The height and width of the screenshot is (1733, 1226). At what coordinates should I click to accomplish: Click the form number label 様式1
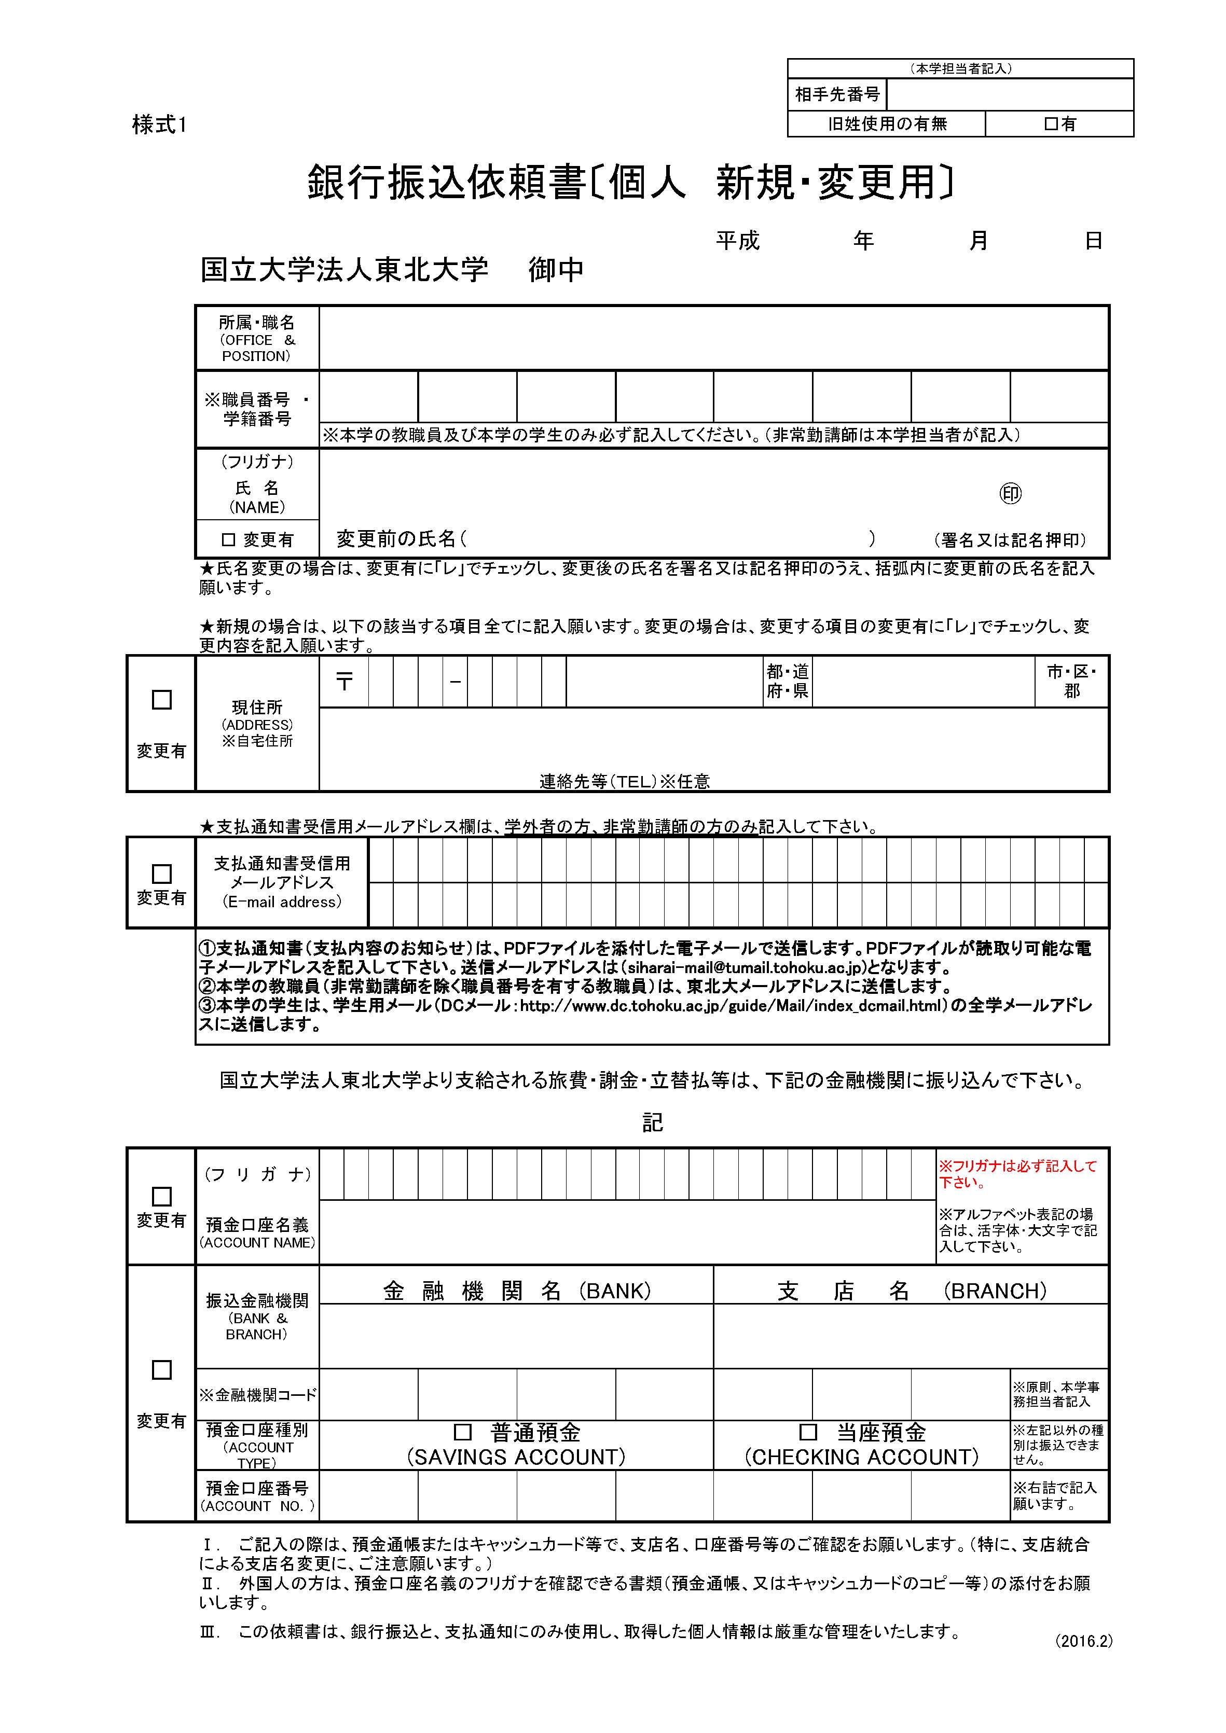pyautogui.click(x=159, y=124)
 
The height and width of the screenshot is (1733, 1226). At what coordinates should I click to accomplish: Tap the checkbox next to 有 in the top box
pyautogui.click(x=1050, y=124)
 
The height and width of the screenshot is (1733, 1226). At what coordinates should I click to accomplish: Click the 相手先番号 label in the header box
pyautogui.click(x=837, y=94)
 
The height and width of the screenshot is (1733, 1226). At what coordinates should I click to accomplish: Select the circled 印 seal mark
pyautogui.click(x=1010, y=494)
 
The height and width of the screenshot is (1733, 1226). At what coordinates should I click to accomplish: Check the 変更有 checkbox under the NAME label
pyautogui.click(x=228, y=539)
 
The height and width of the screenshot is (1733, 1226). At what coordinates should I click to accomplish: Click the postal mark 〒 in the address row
pyautogui.click(x=345, y=682)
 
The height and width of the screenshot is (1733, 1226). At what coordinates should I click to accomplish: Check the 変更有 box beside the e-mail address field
pyautogui.click(x=161, y=874)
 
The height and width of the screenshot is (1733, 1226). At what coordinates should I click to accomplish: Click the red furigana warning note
pyautogui.click(x=1017, y=1174)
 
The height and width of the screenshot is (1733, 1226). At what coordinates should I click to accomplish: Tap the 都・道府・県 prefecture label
pyautogui.click(x=788, y=682)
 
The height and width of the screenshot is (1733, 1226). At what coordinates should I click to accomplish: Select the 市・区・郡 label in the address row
pyautogui.click(x=1071, y=682)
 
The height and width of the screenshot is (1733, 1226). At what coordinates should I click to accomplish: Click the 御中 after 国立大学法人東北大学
pyautogui.click(x=556, y=269)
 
